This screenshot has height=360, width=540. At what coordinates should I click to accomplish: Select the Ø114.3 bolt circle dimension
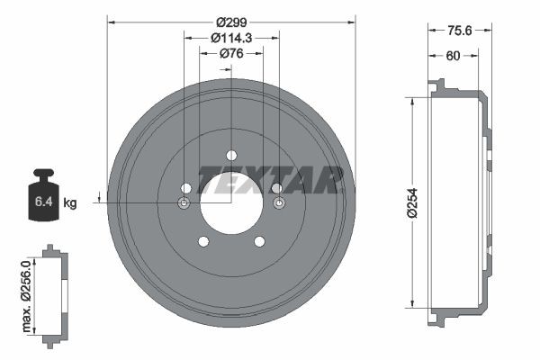pos(230,39)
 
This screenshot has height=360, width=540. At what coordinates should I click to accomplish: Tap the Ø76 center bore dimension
pos(232,54)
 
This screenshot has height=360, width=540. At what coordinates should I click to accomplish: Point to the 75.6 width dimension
pos(461,29)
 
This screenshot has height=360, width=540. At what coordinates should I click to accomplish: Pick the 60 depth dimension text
pos(454,56)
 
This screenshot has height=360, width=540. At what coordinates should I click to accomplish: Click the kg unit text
pos(70,203)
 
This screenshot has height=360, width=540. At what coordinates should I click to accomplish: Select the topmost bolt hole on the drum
pos(231,155)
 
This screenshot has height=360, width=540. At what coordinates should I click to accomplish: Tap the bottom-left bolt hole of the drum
pos(203,240)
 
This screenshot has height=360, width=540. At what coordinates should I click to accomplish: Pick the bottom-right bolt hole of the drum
pos(259,240)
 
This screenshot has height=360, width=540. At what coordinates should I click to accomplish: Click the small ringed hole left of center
pos(184,204)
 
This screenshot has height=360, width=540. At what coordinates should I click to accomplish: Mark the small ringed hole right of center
pos(278,204)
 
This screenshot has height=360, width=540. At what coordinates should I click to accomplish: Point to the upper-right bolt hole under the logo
pos(276,188)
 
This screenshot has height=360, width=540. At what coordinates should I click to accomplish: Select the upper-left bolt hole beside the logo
pos(186,188)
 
